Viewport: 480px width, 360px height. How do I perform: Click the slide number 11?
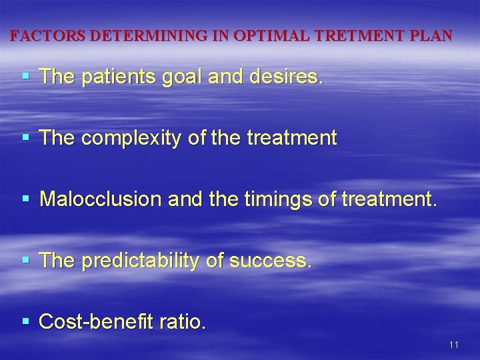click(454, 345)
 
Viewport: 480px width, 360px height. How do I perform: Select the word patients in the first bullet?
click(119, 77)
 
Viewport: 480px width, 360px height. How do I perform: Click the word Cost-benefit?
click(96, 322)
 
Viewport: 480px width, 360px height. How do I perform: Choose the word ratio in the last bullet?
click(182, 322)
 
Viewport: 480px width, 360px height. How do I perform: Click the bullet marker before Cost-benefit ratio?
click(26, 321)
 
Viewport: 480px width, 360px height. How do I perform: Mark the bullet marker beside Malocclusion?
click(26, 199)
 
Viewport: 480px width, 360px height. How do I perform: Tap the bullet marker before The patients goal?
click(26, 77)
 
